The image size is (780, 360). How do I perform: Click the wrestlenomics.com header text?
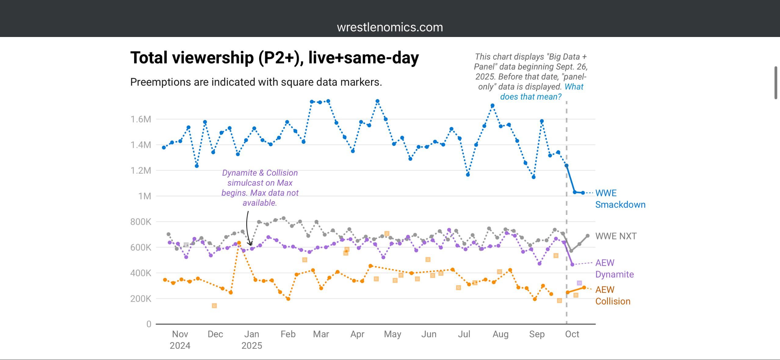[x=390, y=27]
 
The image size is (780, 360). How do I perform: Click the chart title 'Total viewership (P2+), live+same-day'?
[x=274, y=58]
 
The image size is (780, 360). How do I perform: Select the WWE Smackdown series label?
[x=620, y=199]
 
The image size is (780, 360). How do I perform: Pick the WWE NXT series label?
[x=616, y=236]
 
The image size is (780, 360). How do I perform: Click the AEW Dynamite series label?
[x=614, y=268]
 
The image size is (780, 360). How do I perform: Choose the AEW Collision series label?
[x=612, y=295]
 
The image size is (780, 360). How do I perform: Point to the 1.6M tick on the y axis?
[x=141, y=119]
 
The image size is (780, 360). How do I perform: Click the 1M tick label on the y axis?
[x=145, y=196]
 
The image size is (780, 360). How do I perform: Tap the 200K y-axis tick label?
[x=141, y=299]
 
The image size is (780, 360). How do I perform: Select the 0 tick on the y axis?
[x=149, y=324]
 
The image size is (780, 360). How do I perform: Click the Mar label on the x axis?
[x=321, y=334]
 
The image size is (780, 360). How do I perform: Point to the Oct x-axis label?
[x=572, y=334]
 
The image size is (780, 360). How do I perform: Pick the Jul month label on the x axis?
[x=464, y=334]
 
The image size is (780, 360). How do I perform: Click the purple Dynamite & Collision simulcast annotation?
[x=260, y=188]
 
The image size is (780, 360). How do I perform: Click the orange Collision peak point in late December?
[x=239, y=243]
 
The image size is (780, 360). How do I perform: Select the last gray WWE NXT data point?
[x=587, y=236]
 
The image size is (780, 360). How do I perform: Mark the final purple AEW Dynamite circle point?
[x=572, y=264]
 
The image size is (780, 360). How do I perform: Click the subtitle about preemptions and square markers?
[x=256, y=82]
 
